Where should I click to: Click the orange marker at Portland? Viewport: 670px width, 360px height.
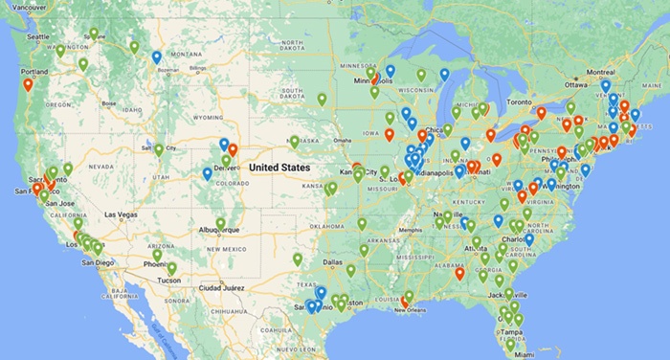click(x=28, y=84)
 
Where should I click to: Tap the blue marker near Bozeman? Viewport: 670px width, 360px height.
click(x=157, y=57)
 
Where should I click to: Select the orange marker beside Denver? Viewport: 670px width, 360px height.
click(x=233, y=150)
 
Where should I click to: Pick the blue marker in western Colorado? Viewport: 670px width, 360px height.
click(x=207, y=173)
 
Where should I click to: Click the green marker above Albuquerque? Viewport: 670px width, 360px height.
click(x=221, y=223)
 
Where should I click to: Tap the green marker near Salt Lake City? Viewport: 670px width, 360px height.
click(x=159, y=149)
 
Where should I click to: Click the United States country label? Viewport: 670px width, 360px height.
click(x=279, y=167)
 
